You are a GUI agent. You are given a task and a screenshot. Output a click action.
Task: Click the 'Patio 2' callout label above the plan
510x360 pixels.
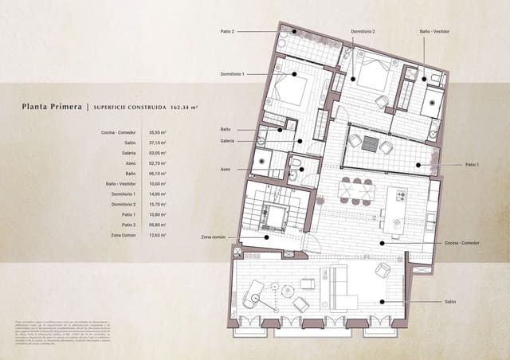pos(227,31)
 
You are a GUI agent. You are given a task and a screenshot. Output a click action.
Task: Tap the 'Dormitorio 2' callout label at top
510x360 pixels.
pos(363,31)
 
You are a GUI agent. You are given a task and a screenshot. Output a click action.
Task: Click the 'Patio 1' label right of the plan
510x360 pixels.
pos(473,164)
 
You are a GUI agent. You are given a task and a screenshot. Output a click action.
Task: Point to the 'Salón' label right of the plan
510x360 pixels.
pos(450,302)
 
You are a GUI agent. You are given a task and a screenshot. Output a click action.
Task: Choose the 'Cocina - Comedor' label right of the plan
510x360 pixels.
pos(462,242)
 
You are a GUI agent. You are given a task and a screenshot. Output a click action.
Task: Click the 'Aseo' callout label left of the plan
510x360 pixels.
pos(226,169)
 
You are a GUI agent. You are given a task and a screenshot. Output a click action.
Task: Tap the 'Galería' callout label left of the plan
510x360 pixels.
pos(227,140)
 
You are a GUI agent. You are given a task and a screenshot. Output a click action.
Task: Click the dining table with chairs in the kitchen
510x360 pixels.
pos(356,190)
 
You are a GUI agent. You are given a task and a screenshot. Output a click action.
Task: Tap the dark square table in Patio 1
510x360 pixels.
pos(370,143)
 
